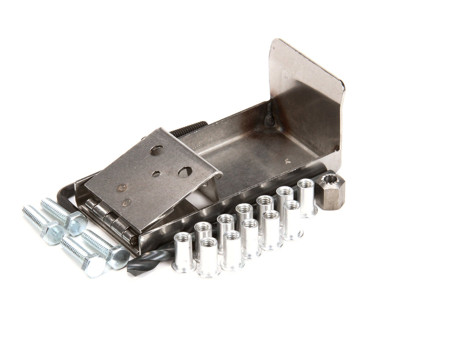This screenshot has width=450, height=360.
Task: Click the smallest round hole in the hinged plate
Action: pos(156,174)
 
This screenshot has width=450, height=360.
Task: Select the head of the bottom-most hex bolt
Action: pos(95,266)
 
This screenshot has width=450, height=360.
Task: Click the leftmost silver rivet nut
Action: pos(184,253)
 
